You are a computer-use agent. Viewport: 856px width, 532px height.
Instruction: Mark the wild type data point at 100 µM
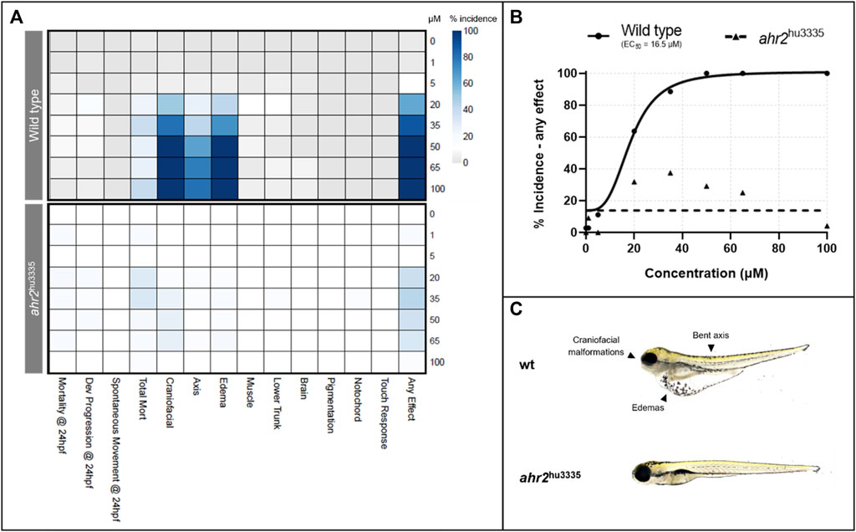[827, 74]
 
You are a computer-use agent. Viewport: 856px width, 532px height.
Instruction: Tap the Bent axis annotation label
[711, 335]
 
